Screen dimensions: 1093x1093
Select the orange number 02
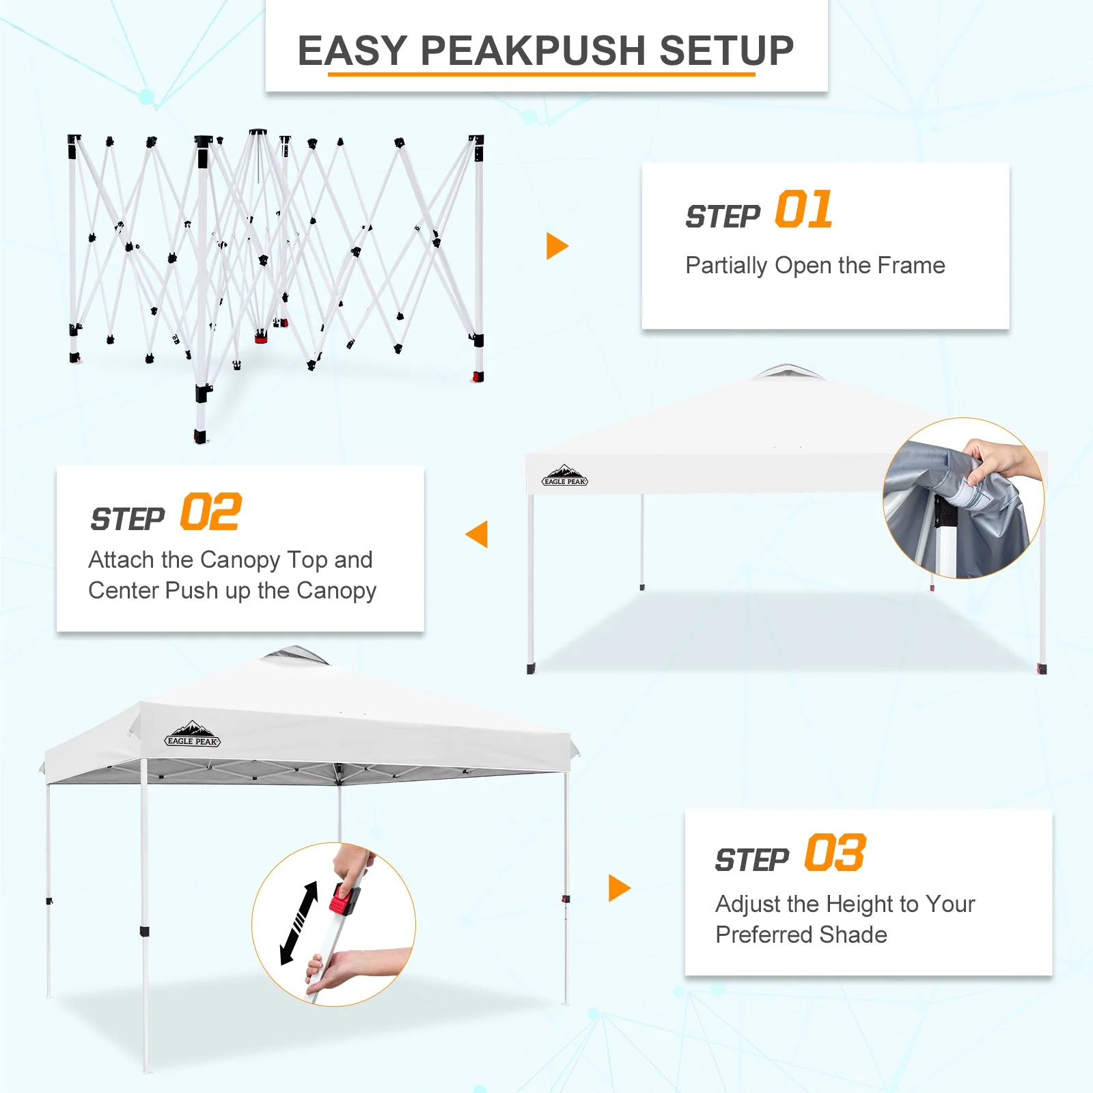pos(210,512)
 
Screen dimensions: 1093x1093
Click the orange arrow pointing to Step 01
pos(556,246)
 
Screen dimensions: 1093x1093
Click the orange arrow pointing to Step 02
pos(478,534)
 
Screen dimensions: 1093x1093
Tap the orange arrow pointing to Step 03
pos(618,888)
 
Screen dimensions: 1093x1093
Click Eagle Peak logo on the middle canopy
pos(564,476)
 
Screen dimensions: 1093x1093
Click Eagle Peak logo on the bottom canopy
pos(193,735)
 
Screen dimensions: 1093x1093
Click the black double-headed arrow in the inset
pos(299,923)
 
